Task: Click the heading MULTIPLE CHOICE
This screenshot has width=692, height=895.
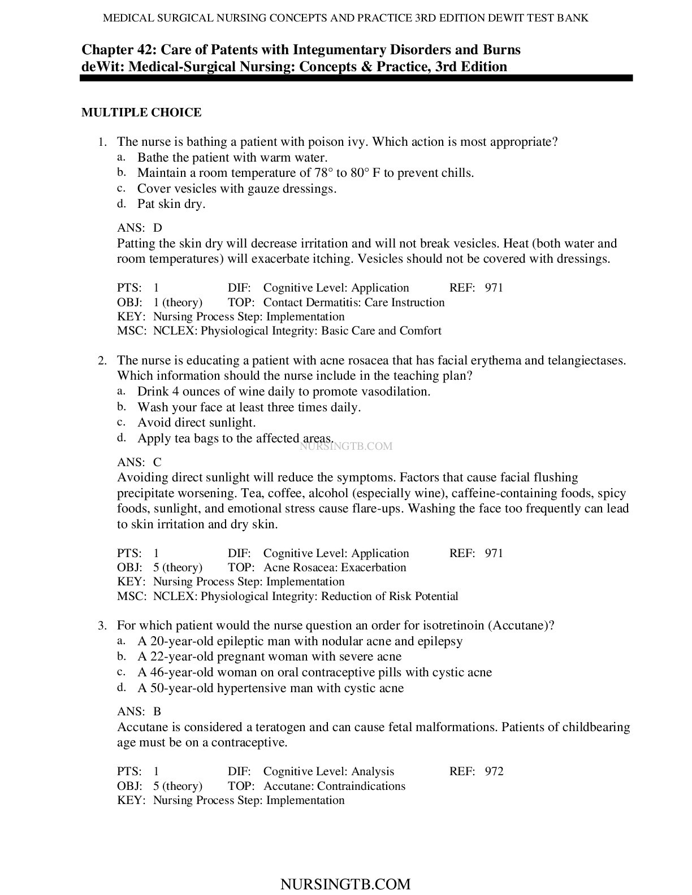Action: tap(141, 112)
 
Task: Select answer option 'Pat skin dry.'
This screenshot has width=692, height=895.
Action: tap(171, 204)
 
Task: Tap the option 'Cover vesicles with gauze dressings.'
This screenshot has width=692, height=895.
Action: tap(237, 189)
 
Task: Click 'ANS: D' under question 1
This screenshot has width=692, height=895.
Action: tap(140, 228)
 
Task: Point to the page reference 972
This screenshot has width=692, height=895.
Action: tap(494, 771)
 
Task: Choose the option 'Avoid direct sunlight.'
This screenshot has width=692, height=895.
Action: tap(196, 423)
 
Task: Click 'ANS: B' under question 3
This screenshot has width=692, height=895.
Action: tap(139, 711)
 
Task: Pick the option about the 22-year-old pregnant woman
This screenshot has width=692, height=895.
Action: tap(270, 657)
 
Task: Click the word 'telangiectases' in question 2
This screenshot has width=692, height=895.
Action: tap(585, 360)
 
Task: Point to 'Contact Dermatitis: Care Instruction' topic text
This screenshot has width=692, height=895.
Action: tap(354, 302)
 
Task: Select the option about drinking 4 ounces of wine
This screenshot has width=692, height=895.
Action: tap(284, 392)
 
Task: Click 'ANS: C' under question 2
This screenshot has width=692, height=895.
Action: tap(139, 462)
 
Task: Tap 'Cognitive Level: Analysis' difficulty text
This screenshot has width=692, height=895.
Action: tap(329, 771)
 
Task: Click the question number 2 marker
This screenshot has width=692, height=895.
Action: tap(102, 361)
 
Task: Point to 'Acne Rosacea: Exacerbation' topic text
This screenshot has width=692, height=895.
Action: tap(335, 567)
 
